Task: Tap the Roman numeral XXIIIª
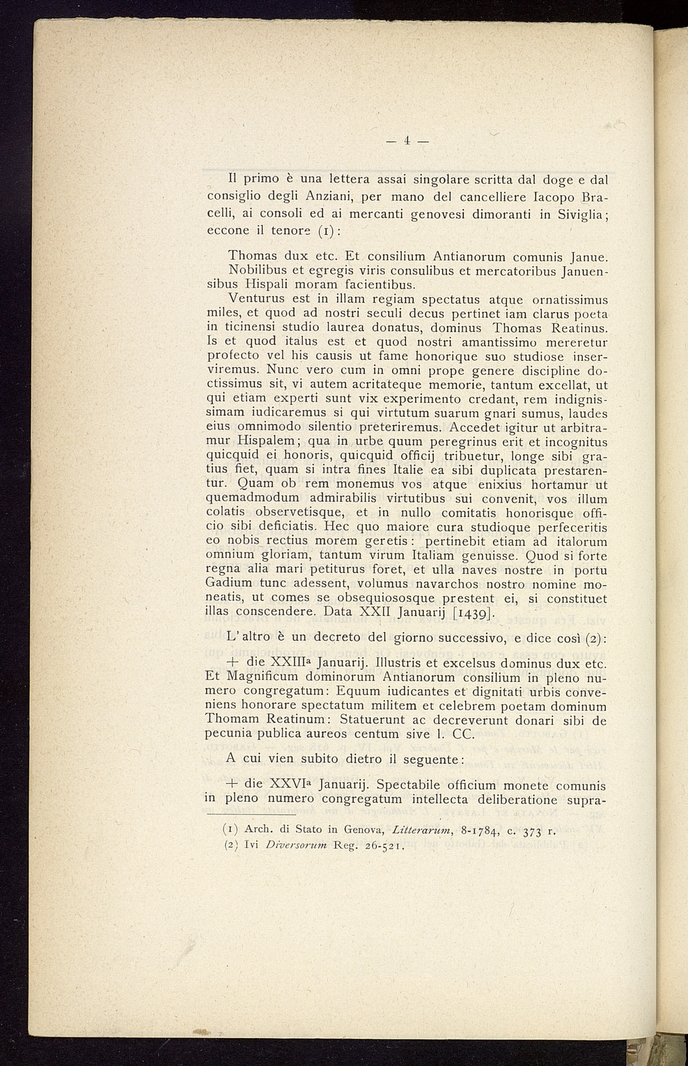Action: [285, 663]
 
